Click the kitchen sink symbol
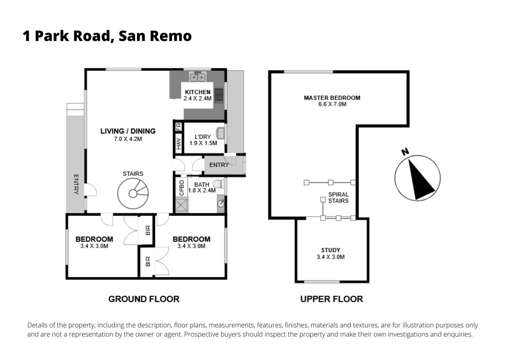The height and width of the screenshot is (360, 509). click(198, 77)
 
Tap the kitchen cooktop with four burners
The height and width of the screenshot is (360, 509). click(219, 95)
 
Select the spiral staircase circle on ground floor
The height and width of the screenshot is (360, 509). click(133, 194)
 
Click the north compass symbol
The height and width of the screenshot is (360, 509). click(417, 178)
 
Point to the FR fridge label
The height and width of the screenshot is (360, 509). click(179, 127)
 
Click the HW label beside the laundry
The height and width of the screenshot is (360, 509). click(179, 144)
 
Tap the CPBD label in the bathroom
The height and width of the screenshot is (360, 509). click(182, 188)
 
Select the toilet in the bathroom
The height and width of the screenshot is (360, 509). click(219, 184)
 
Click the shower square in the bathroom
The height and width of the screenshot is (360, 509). click(182, 205)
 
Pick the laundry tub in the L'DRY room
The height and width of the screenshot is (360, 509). click(220, 133)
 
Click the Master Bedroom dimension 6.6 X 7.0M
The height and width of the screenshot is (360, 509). click(332, 104)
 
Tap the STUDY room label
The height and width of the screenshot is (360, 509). click(330, 250)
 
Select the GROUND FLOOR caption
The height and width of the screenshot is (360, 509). click(144, 299)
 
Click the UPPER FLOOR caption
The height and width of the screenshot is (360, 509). click(331, 299)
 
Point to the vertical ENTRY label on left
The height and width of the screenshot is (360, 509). click(76, 184)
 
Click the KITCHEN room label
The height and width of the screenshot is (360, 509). click(198, 92)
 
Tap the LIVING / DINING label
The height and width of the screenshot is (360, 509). click(128, 131)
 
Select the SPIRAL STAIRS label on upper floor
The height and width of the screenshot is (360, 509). click(338, 197)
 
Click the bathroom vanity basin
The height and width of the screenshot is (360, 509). click(221, 204)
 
